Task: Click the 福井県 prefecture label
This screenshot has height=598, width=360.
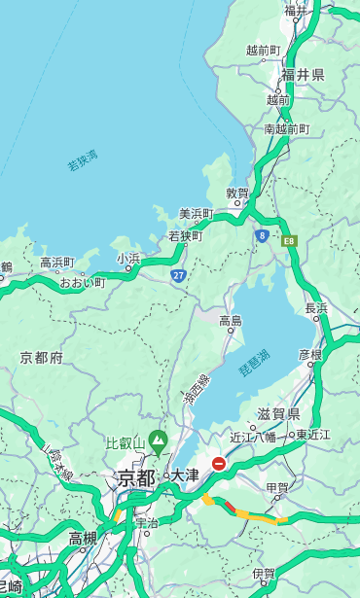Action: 303,75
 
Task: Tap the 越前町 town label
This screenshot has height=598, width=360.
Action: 263,50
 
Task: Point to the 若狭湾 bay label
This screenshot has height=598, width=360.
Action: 82,160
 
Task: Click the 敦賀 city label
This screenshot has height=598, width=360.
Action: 237,193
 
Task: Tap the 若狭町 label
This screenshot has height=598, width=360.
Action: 185,235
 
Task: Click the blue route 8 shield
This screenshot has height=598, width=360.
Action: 262,235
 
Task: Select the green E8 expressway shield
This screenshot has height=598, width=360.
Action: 288,240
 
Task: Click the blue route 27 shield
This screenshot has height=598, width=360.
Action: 179,275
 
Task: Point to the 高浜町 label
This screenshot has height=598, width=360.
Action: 56,263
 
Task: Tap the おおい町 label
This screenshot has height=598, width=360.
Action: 82,282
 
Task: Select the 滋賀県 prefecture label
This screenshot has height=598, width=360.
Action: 277,414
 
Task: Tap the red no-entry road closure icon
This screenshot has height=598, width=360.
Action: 220,464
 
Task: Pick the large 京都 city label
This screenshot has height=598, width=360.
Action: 136,477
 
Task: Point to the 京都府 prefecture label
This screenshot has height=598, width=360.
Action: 42,358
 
